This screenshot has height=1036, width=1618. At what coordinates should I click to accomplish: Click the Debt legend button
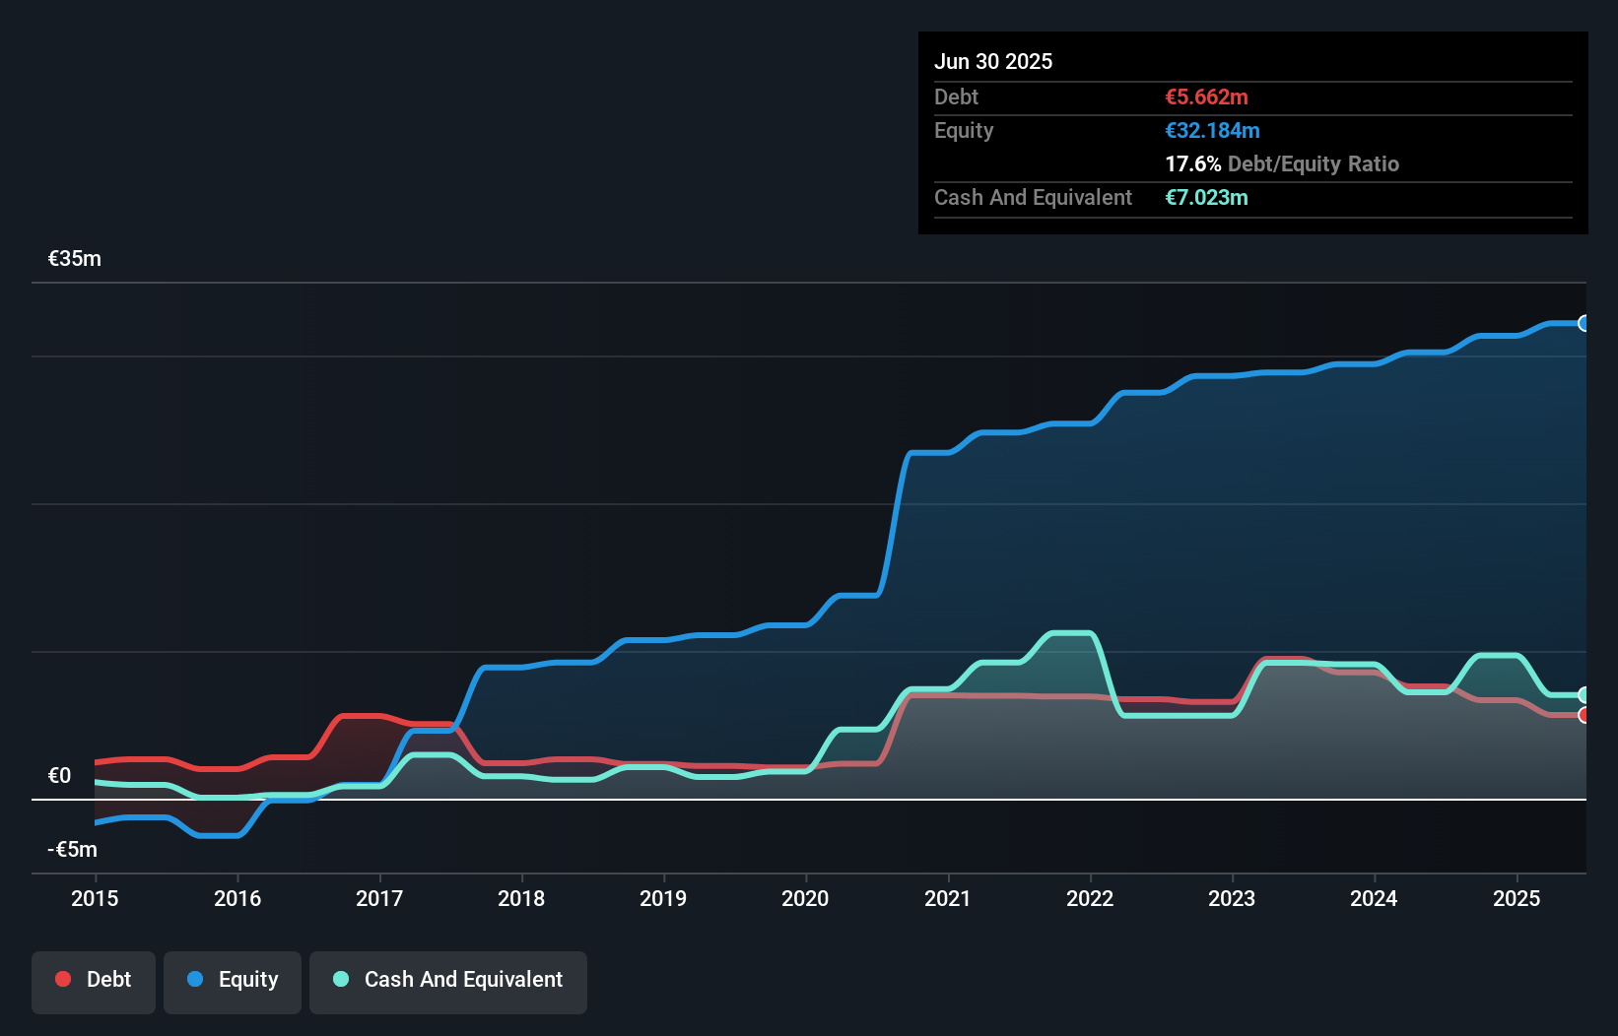(94, 981)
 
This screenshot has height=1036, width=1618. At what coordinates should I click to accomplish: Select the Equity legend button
(233, 981)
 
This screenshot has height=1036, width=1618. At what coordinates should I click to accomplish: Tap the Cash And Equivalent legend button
(448, 981)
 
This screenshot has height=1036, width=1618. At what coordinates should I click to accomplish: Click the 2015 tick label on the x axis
(95, 898)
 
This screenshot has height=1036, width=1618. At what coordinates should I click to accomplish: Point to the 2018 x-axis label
(521, 898)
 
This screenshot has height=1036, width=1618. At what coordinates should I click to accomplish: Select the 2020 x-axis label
(805, 898)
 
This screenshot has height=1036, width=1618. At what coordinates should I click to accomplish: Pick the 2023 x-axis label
(1232, 898)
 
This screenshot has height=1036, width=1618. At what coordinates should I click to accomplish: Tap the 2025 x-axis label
(1517, 898)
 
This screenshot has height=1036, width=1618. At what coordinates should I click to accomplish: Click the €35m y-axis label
(75, 259)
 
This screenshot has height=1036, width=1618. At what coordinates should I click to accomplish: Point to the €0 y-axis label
(60, 776)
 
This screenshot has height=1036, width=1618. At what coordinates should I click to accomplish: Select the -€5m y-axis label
(73, 850)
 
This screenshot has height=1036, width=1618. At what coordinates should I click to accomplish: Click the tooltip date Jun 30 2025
(993, 62)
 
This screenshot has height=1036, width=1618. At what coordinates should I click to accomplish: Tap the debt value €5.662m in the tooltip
(1206, 97)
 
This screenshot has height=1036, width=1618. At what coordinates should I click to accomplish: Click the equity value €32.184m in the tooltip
(1212, 131)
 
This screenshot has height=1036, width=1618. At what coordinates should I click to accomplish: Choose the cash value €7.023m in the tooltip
(1206, 198)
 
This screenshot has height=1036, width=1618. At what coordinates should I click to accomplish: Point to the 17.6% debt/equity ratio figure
(1192, 164)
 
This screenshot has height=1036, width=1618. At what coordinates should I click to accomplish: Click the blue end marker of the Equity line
(1584, 323)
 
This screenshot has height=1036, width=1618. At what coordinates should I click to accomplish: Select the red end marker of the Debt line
(1584, 716)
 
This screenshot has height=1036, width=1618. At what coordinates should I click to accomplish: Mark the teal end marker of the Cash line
(1584, 694)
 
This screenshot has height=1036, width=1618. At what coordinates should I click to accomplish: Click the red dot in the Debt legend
(63, 979)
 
